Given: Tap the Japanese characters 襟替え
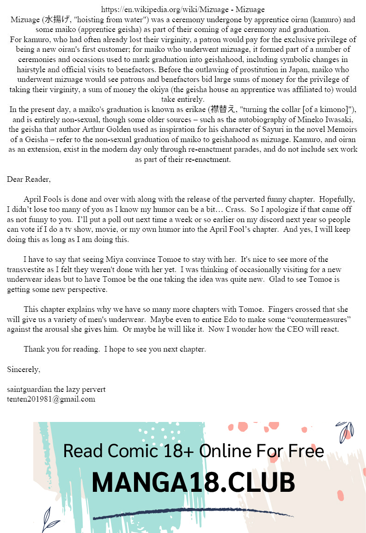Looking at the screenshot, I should [x=223, y=109].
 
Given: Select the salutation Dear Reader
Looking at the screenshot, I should [x=29, y=179].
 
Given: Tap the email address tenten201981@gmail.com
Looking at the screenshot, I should [x=51, y=399].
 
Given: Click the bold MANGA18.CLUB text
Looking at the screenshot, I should [x=193, y=483].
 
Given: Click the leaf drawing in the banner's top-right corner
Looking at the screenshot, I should [x=344, y=431].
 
